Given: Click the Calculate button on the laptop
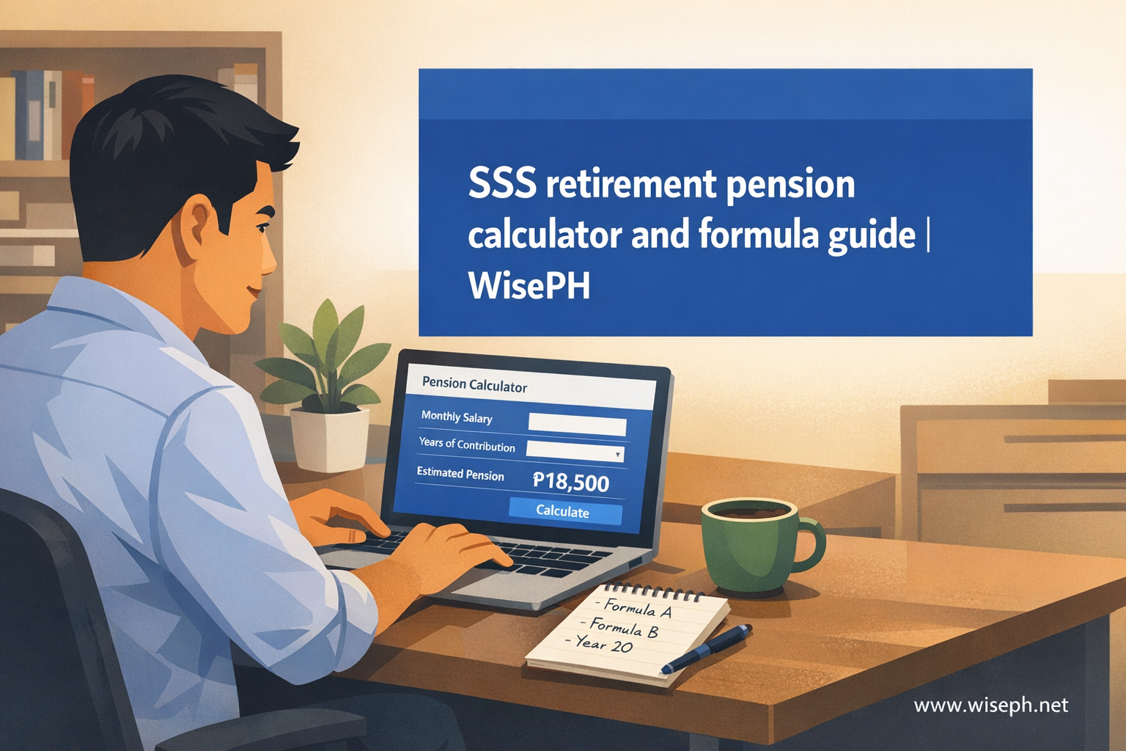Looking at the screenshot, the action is pos(565,512).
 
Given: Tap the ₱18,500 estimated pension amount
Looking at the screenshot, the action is pos(570,483).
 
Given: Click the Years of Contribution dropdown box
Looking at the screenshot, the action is pos(575,450).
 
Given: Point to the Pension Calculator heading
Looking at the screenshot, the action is pos(474,385).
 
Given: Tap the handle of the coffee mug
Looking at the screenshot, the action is pos(810,545).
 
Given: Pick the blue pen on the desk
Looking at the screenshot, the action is pos(706,648).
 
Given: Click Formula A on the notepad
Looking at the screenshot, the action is pos(633,609).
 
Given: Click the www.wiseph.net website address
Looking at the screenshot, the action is pos(991,706).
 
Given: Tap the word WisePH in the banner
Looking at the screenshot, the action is pos(529,287).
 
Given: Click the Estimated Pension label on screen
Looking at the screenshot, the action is pos(460,475).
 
